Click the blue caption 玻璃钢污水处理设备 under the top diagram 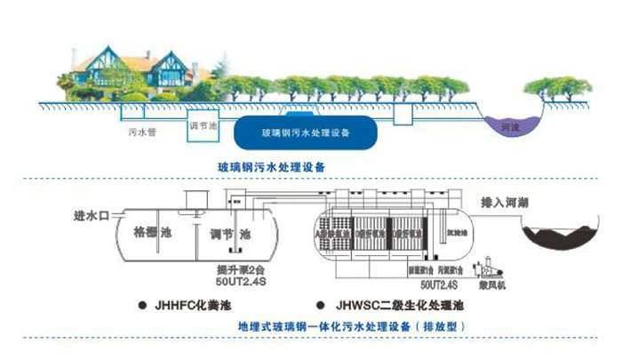pyautogui.click(x=271, y=166)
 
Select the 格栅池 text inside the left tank pyautogui.click(x=150, y=233)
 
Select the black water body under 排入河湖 pyautogui.click(x=555, y=237)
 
